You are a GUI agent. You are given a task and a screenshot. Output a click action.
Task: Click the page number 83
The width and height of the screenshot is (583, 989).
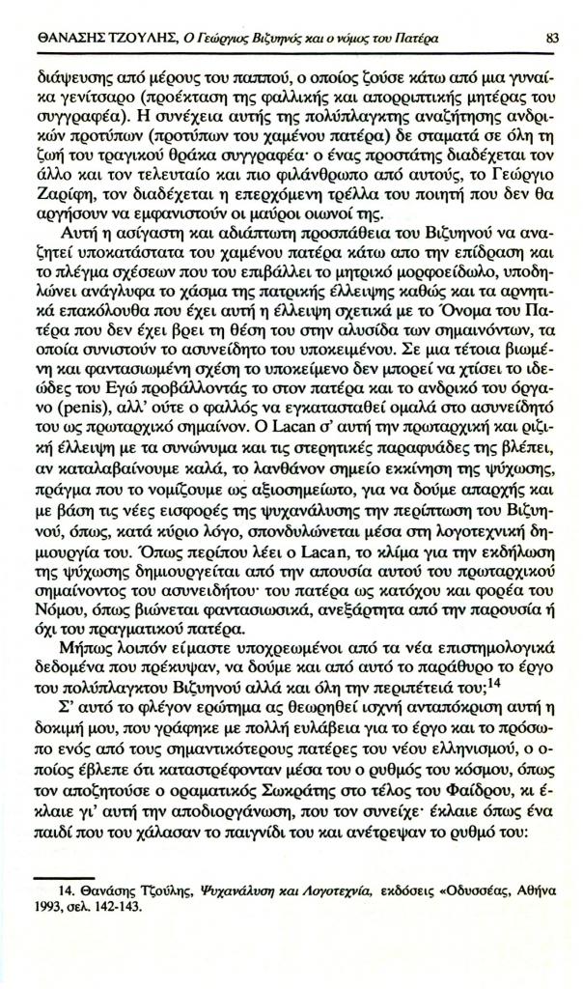551,39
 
